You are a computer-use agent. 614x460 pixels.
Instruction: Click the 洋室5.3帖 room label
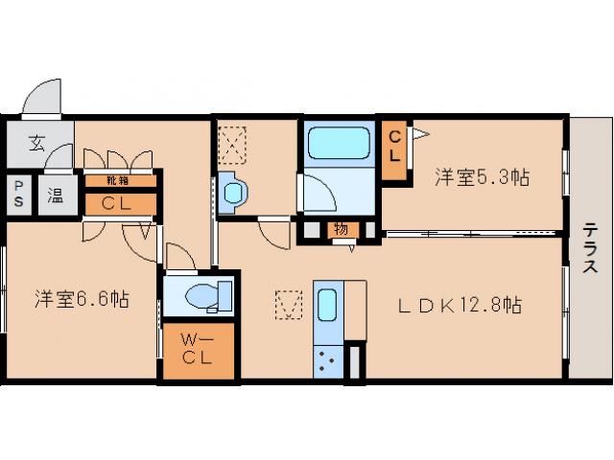(x=483, y=177)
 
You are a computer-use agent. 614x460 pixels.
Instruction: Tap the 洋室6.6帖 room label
(x=82, y=298)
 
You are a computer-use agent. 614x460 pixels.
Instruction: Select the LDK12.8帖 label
(x=460, y=307)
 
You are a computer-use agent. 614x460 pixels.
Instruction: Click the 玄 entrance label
(x=35, y=144)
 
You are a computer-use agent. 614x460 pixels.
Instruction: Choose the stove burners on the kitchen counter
(x=325, y=360)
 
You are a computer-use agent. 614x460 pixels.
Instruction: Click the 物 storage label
(x=341, y=228)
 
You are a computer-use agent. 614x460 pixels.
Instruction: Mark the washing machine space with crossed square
(x=233, y=144)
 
